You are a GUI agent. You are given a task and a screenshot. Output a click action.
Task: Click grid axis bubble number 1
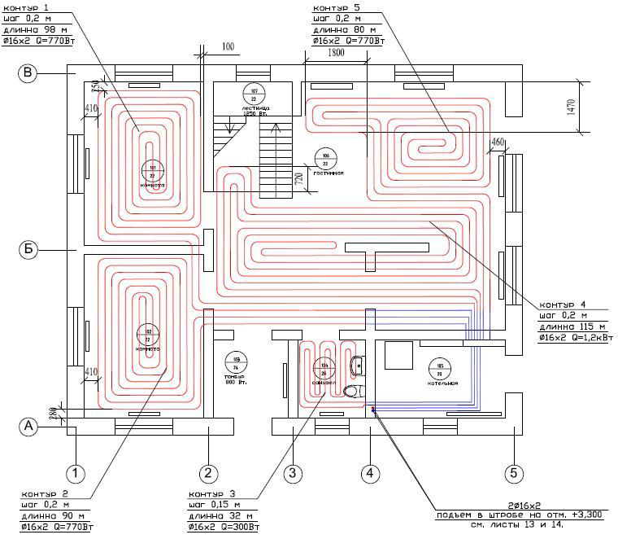pyautogui.click(x=76, y=472)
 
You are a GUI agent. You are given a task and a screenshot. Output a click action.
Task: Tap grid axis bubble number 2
pyautogui.click(x=207, y=472)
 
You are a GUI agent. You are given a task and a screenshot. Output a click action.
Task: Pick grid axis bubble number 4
pyautogui.click(x=370, y=472)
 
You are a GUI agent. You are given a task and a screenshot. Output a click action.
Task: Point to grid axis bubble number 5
pyautogui.click(x=514, y=472)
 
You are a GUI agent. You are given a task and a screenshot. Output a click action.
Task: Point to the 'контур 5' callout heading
pyautogui.click(x=332, y=7)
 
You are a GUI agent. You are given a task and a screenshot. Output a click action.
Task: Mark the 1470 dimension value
pyautogui.click(x=571, y=106)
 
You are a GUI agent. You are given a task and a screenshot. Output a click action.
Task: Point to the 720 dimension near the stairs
pyautogui.click(x=298, y=179)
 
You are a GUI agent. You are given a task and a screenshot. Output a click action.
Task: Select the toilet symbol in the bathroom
pyautogui.click(x=352, y=392)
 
